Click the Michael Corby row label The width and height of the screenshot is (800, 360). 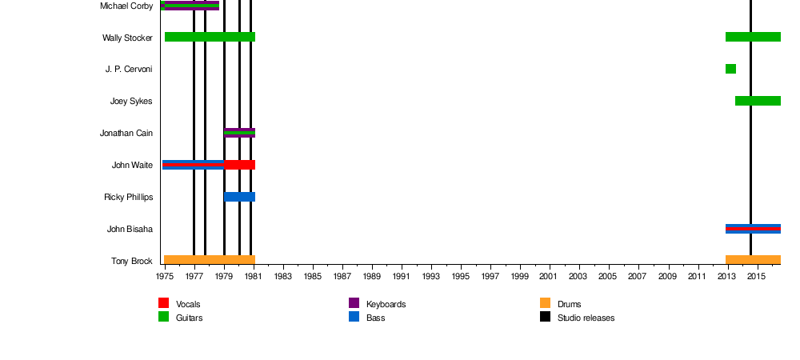(126, 6)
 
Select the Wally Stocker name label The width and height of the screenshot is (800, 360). (127, 38)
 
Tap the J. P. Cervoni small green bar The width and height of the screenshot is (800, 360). (730, 69)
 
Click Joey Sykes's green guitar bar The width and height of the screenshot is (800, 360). (758, 101)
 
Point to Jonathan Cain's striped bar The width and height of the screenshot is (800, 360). (239, 133)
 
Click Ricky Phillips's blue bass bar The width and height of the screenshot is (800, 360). (239, 197)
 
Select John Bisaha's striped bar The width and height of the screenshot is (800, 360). (753, 229)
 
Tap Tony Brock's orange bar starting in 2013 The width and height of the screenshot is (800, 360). (753, 260)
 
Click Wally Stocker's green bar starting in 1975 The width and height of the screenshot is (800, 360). (210, 37)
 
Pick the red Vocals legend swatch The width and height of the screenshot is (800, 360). (164, 303)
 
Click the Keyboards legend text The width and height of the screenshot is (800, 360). (386, 304)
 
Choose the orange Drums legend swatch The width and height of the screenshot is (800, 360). (546, 303)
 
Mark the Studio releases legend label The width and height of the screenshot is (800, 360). (586, 318)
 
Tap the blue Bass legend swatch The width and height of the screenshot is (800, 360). (354, 317)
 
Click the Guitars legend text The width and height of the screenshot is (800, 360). (189, 318)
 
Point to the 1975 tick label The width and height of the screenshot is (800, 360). (164, 277)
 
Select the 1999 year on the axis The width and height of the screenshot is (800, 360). (519, 277)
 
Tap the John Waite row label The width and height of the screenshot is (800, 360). (132, 165)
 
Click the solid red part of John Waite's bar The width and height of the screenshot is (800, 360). (239, 165)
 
